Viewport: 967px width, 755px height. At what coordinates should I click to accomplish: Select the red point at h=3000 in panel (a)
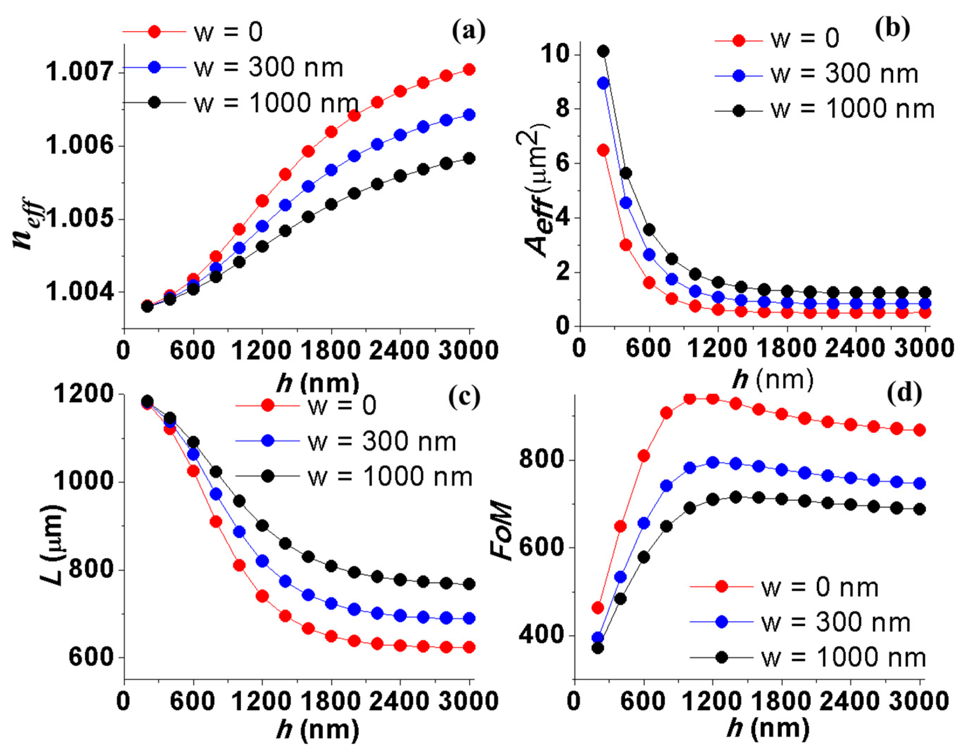pyautogui.click(x=469, y=69)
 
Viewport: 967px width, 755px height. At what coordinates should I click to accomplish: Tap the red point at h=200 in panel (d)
pyautogui.click(x=598, y=608)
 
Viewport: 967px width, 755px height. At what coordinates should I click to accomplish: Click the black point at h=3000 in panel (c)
pyautogui.click(x=469, y=584)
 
